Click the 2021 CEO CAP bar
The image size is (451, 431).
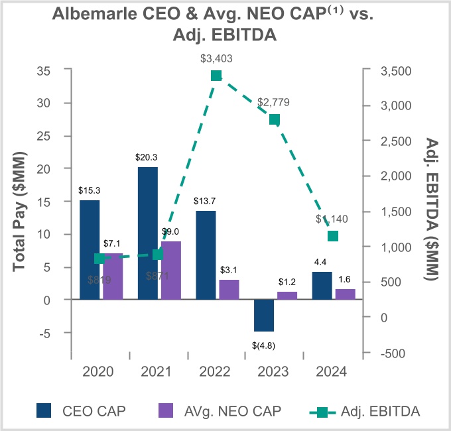(148, 233)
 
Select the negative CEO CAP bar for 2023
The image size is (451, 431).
(263, 316)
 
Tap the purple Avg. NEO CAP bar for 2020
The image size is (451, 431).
(113, 277)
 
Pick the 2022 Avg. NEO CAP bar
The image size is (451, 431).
(229, 290)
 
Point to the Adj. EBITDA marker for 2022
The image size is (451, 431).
(216, 76)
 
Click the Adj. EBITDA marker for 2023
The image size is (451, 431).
(275, 119)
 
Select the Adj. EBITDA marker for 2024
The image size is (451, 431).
(333, 236)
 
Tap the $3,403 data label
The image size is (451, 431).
(216, 58)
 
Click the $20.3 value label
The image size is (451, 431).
(148, 158)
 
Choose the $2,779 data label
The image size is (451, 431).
(274, 103)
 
